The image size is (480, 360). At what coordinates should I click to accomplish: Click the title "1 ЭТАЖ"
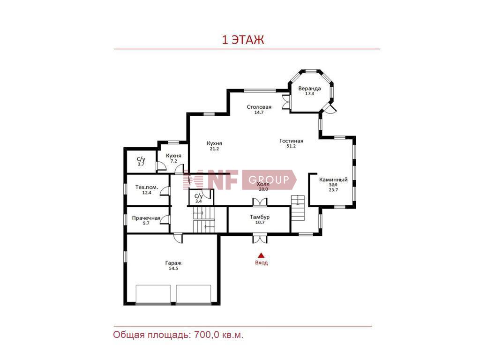243,40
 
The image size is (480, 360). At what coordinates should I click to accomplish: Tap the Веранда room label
309,89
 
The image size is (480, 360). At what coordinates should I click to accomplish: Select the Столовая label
259,107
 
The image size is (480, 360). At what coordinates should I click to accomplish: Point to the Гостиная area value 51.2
291,146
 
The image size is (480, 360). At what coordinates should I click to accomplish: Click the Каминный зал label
333,182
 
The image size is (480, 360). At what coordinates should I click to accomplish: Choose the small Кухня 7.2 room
173,158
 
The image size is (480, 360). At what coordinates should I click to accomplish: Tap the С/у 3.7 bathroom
141,161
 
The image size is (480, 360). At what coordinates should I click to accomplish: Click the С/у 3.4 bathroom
199,198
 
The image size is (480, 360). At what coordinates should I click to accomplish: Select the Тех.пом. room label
147,187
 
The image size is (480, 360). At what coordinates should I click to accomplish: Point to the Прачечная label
146,218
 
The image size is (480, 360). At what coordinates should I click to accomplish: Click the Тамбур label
260,217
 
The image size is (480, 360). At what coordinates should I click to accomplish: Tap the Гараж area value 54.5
173,269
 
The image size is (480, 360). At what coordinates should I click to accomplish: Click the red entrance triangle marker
261,255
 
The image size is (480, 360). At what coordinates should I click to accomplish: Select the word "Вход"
262,262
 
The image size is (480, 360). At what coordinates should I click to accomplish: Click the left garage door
153,294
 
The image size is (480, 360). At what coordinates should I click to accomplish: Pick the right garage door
194,294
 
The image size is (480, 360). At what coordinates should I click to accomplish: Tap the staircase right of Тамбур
298,208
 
